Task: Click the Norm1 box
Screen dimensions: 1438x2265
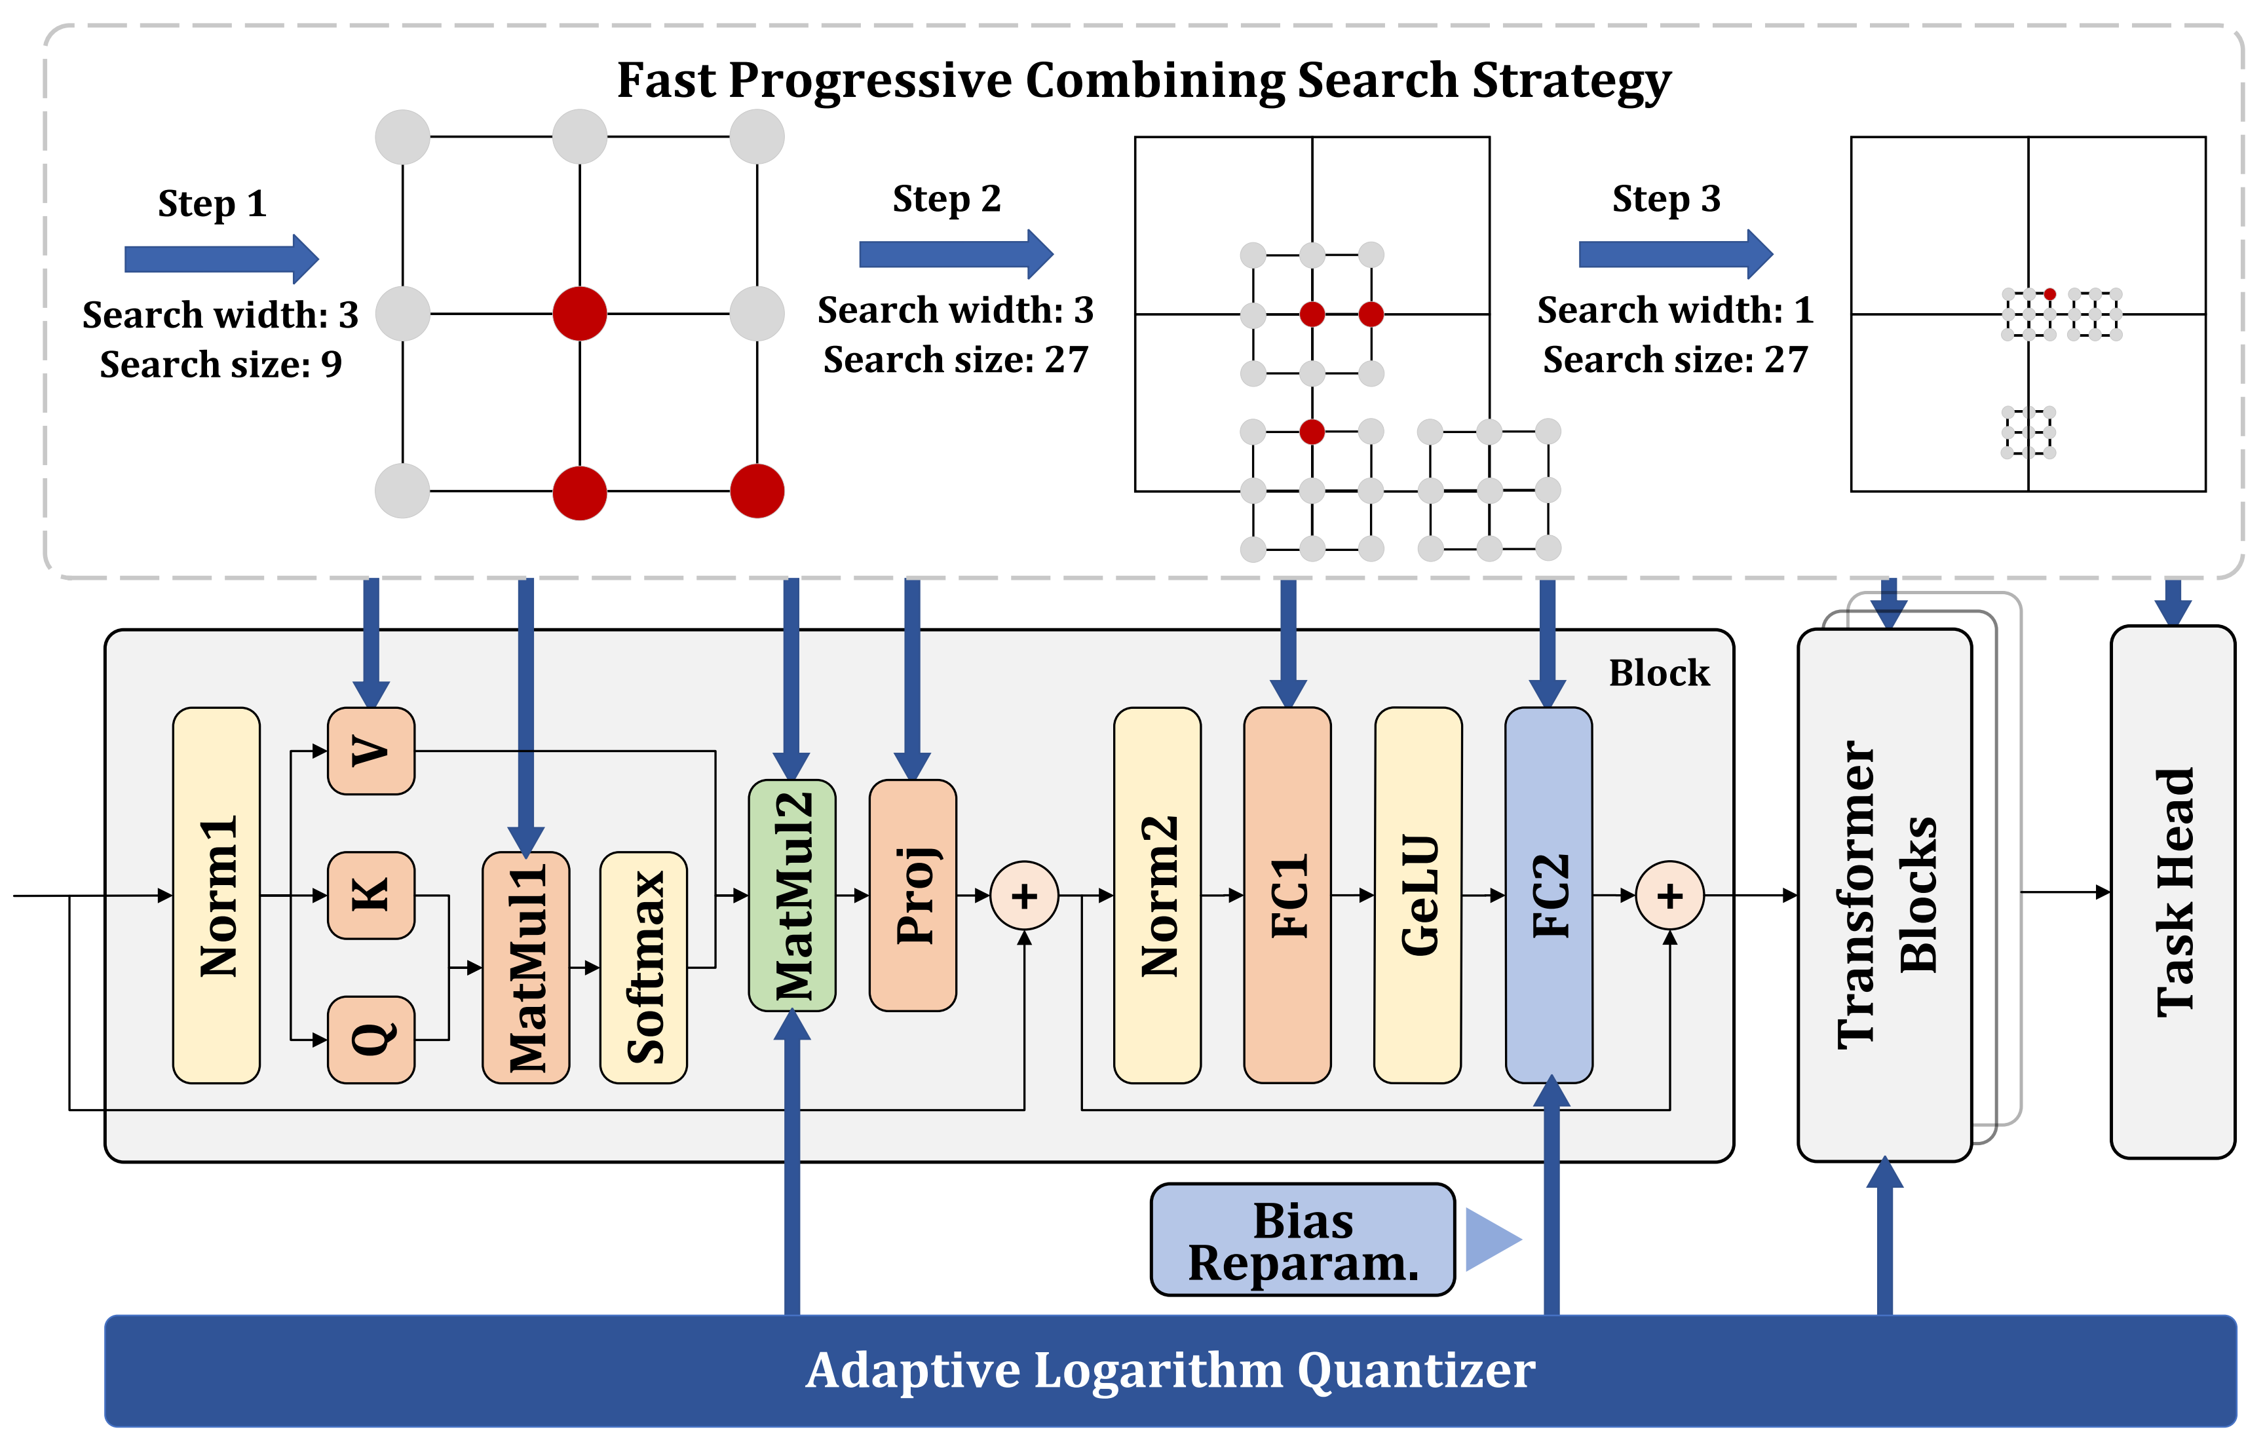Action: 216,896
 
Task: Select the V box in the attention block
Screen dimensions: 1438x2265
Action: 371,751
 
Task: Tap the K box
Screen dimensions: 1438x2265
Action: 371,896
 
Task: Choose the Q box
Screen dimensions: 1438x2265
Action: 371,1039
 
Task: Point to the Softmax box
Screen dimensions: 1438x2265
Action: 643,967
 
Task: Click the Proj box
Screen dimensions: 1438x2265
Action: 913,896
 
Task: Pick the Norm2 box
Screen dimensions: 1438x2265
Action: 1157,896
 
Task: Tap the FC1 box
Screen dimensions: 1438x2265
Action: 1287,896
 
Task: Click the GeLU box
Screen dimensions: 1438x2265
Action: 1417,896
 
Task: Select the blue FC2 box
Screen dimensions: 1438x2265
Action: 1548,896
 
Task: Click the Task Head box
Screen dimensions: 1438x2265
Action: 2172,892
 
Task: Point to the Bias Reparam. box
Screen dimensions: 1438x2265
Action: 1303,1239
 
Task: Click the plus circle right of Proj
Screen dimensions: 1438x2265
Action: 1024,896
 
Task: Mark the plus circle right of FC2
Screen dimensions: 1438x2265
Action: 1669,896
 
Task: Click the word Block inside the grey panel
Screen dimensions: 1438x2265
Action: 1658,673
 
